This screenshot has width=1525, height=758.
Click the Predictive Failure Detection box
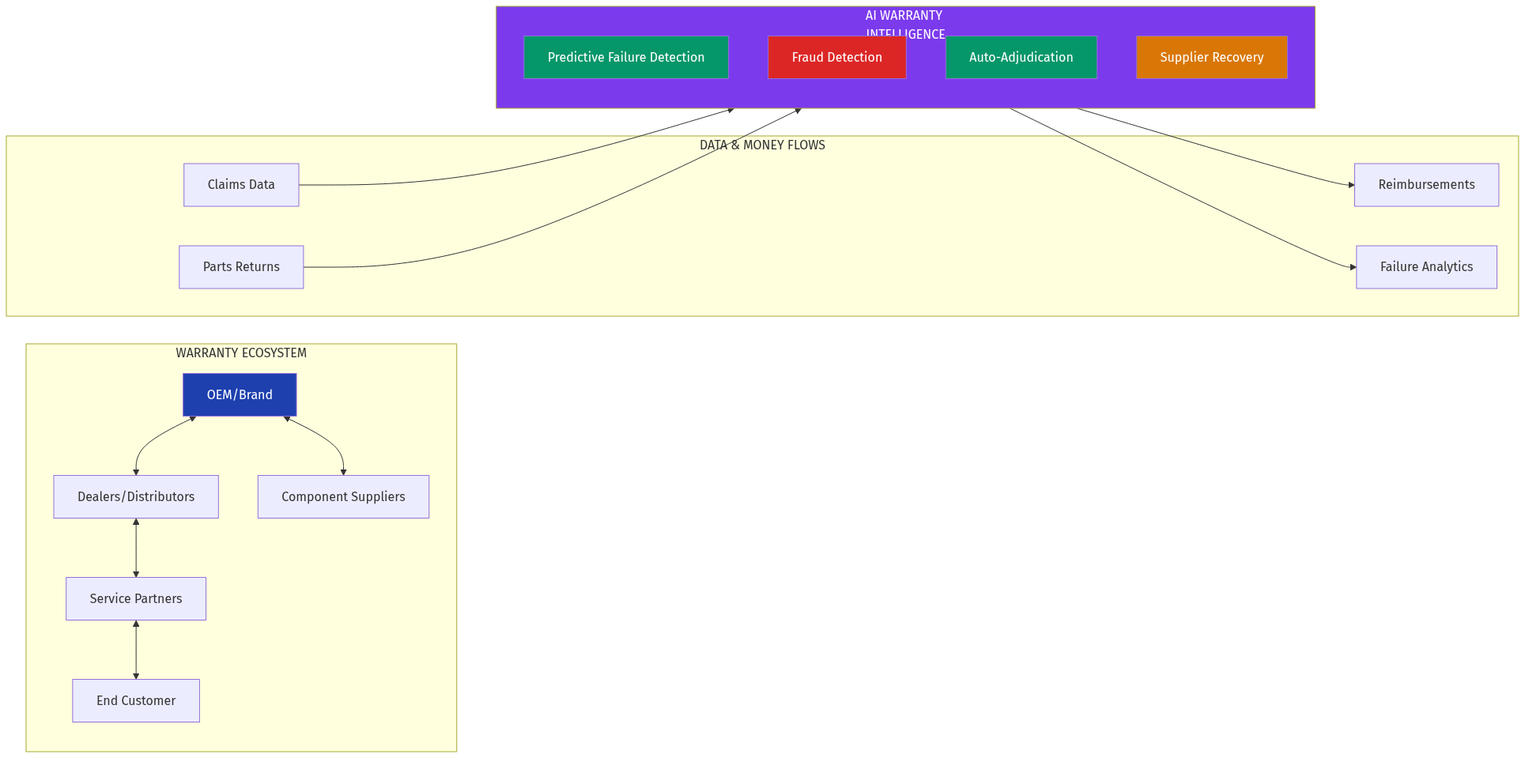point(625,57)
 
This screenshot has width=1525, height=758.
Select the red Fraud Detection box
point(836,57)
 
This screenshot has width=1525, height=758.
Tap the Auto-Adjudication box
point(1021,57)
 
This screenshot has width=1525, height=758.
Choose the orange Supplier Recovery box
point(1211,57)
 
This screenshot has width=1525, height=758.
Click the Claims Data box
point(241,185)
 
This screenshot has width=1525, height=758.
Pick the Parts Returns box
point(241,267)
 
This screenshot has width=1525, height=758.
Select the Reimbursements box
point(1426,185)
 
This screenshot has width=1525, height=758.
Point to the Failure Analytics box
point(1426,267)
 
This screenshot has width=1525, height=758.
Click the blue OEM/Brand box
point(240,394)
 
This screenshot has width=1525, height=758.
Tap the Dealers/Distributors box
point(136,496)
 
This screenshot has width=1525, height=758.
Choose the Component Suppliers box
point(343,496)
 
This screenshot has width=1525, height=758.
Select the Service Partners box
point(136,598)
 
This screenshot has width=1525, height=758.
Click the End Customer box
point(136,700)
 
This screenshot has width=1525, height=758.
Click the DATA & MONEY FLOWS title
point(762,145)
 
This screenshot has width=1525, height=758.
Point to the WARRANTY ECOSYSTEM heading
point(241,353)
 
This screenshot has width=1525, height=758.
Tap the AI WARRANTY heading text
point(904,16)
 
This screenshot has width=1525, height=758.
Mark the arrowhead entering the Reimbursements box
point(1351,185)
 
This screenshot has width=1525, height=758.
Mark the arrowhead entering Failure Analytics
point(1353,267)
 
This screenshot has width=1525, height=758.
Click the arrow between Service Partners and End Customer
point(136,650)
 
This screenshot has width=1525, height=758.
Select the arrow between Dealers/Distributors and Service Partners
point(136,548)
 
